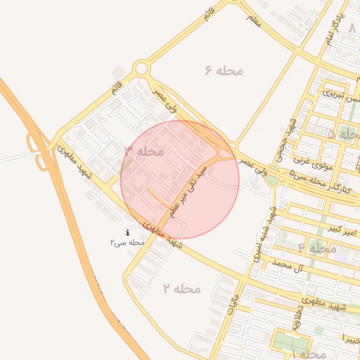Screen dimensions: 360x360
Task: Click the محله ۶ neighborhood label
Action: [x=224, y=71]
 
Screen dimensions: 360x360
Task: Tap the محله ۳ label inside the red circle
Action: [x=144, y=151]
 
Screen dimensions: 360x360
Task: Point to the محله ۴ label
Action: [x=317, y=248]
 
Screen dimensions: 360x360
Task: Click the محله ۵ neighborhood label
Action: [x=344, y=133]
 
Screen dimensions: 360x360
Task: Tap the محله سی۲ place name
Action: [x=127, y=243]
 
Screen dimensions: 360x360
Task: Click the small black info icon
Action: [x=127, y=232]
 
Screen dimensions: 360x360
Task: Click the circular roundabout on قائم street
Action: [x=141, y=69]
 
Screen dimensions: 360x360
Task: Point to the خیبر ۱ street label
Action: [x=351, y=340]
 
